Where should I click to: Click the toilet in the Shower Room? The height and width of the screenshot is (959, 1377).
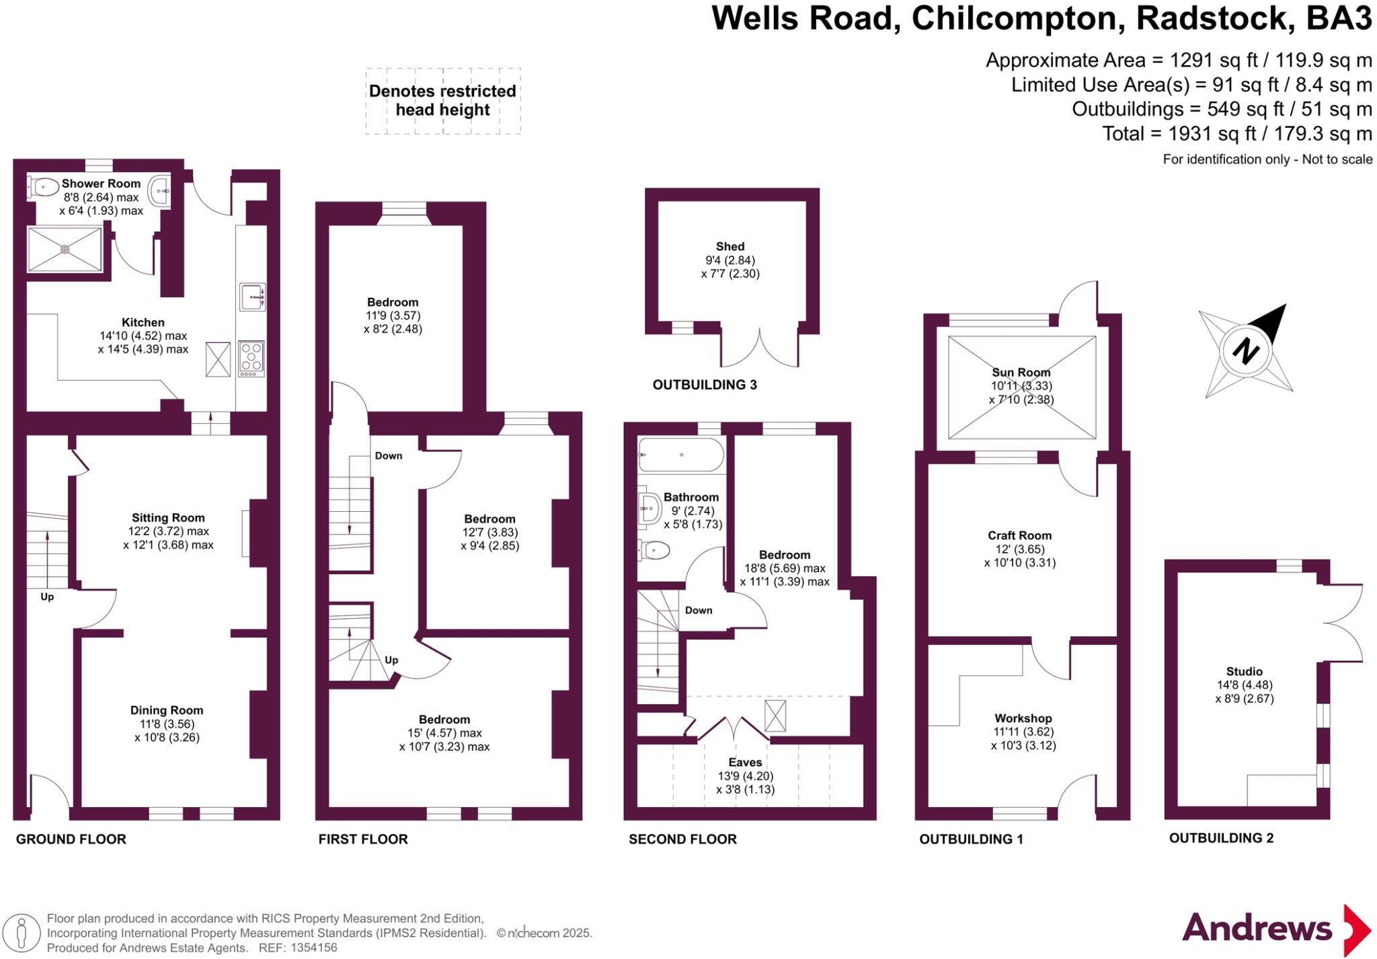pos(43,186)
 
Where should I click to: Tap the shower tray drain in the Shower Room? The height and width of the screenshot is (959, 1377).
pos(65,250)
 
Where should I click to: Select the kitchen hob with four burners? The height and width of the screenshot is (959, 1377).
pos(252,358)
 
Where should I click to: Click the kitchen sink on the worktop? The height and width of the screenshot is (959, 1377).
pos(252,297)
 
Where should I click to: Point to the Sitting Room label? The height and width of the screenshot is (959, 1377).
pos(168,518)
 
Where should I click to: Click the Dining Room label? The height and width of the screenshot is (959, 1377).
pos(167,710)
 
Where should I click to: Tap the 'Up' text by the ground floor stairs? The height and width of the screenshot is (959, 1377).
pos(47,597)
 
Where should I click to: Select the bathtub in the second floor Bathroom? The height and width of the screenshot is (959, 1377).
pos(680,455)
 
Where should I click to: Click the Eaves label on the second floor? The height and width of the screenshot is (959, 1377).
pos(745,762)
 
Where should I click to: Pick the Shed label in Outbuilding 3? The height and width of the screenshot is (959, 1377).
pos(730,246)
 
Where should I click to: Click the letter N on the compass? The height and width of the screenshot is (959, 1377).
pos(1246,351)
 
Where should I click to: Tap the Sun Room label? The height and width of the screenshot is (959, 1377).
pos(1021,372)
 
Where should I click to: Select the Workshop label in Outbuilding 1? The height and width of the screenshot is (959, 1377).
pos(1023,718)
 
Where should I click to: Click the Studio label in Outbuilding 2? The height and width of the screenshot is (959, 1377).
pos(1245,671)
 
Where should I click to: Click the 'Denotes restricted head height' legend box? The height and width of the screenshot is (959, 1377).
pos(442,101)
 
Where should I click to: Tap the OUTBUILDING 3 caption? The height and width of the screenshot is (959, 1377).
pos(705,385)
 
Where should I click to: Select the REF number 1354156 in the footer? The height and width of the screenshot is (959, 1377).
pos(313,948)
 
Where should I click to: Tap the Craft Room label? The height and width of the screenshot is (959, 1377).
pos(1019,535)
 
